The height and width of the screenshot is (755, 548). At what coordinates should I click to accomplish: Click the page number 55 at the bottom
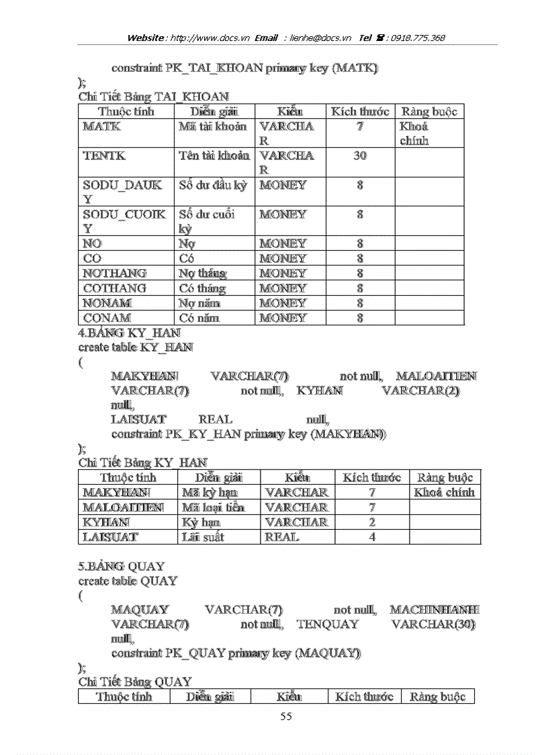[286, 717]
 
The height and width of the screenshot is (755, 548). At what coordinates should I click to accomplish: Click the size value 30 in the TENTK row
[360, 156]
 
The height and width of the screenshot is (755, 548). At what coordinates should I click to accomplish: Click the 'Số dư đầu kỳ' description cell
[213, 186]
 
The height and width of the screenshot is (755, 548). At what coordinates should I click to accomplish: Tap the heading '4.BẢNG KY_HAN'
[129, 333]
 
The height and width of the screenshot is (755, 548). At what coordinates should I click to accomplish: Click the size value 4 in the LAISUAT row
[372, 537]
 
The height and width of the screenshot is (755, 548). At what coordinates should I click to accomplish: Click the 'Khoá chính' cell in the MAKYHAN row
[445, 493]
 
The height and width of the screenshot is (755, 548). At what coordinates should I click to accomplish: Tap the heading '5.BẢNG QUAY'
[122, 566]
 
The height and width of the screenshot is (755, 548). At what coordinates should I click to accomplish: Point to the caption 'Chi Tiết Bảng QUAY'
[135, 682]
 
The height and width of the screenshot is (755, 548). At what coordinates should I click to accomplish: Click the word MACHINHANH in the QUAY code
[435, 610]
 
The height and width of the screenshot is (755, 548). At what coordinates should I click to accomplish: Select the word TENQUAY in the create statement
[328, 625]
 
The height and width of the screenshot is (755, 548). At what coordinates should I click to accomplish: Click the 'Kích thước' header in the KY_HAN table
[372, 478]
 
